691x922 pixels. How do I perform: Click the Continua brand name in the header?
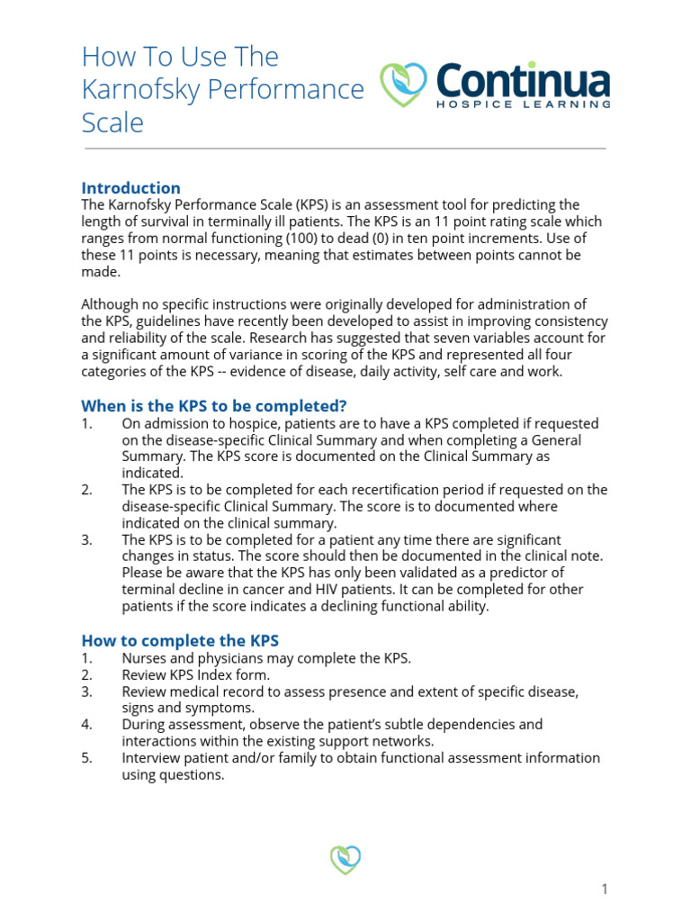[x=523, y=82]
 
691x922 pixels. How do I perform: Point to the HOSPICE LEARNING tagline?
[x=524, y=104]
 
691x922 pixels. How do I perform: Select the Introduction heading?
[x=130, y=188]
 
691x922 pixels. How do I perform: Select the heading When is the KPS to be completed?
[x=214, y=405]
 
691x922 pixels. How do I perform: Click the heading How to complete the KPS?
[x=180, y=641]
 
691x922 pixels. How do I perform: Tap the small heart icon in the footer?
[x=345, y=859]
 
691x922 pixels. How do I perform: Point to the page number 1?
[x=605, y=890]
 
